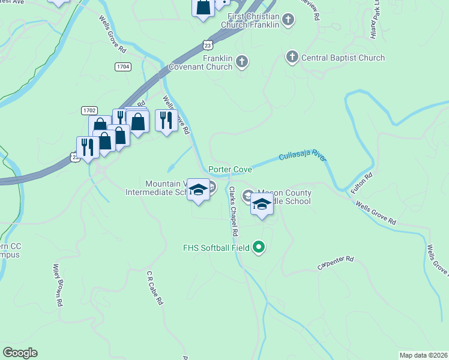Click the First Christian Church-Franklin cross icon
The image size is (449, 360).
[x=288, y=20]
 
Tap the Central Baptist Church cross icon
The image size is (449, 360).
[x=292, y=58]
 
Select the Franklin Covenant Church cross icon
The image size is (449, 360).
[x=241, y=61]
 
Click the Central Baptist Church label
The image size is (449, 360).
[x=343, y=58]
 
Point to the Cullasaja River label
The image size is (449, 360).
[x=302, y=158]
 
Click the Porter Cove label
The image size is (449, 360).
[x=230, y=170]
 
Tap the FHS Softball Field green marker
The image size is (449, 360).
[x=259, y=247]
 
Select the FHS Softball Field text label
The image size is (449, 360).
[x=217, y=247]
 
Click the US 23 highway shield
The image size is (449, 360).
[x=208, y=45]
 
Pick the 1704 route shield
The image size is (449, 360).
[x=123, y=67]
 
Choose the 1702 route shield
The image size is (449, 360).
[x=89, y=110]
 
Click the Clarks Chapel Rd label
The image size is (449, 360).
[x=233, y=211]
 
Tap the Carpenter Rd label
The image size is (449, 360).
[x=336, y=263]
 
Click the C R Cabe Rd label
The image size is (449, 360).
[x=155, y=289]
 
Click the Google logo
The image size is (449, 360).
[x=20, y=353]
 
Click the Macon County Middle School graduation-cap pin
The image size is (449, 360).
[x=262, y=205]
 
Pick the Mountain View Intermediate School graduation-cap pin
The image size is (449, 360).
[x=197, y=190]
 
